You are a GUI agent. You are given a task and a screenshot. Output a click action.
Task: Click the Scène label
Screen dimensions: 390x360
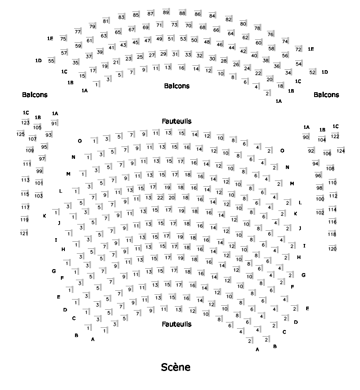[x=176, y=367]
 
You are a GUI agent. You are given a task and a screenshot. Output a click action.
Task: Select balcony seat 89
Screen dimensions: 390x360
[x=166, y=12]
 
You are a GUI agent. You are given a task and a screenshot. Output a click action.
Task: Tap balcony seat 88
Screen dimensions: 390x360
[x=182, y=13]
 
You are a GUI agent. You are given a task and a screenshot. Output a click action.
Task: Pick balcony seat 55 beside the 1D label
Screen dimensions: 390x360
[x=52, y=60]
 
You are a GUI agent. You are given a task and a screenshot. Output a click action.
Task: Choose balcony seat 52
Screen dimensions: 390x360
[x=312, y=72]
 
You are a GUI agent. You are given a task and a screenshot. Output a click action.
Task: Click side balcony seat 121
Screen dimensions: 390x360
[x=24, y=233]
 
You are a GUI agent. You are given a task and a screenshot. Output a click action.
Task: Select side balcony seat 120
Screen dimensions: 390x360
[x=333, y=249]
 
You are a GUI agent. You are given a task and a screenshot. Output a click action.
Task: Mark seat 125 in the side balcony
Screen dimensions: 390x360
[x=21, y=134]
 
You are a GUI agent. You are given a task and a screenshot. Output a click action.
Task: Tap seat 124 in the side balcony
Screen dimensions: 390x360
[x=341, y=151]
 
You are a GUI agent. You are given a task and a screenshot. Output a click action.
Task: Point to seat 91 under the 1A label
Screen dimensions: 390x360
[x=54, y=123]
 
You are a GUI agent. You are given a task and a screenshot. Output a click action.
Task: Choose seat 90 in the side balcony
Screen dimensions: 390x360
[x=306, y=137]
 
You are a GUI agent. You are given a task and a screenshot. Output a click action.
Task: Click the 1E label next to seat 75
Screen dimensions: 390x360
[x=50, y=39]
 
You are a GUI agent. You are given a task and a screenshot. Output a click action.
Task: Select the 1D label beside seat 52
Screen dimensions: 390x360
[x=325, y=72]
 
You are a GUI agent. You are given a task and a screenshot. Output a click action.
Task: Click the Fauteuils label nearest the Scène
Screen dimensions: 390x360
[x=176, y=324]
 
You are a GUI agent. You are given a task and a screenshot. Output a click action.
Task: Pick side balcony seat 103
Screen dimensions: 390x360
[x=39, y=195]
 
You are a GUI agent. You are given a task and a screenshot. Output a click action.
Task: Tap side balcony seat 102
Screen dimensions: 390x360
[x=320, y=212]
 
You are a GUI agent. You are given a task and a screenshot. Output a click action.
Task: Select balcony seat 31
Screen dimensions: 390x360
[x=175, y=54]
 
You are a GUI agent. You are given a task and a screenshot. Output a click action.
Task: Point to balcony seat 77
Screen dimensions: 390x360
[x=78, y=31]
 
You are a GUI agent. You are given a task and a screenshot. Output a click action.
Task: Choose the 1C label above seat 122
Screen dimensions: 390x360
[x=335, y=126]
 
